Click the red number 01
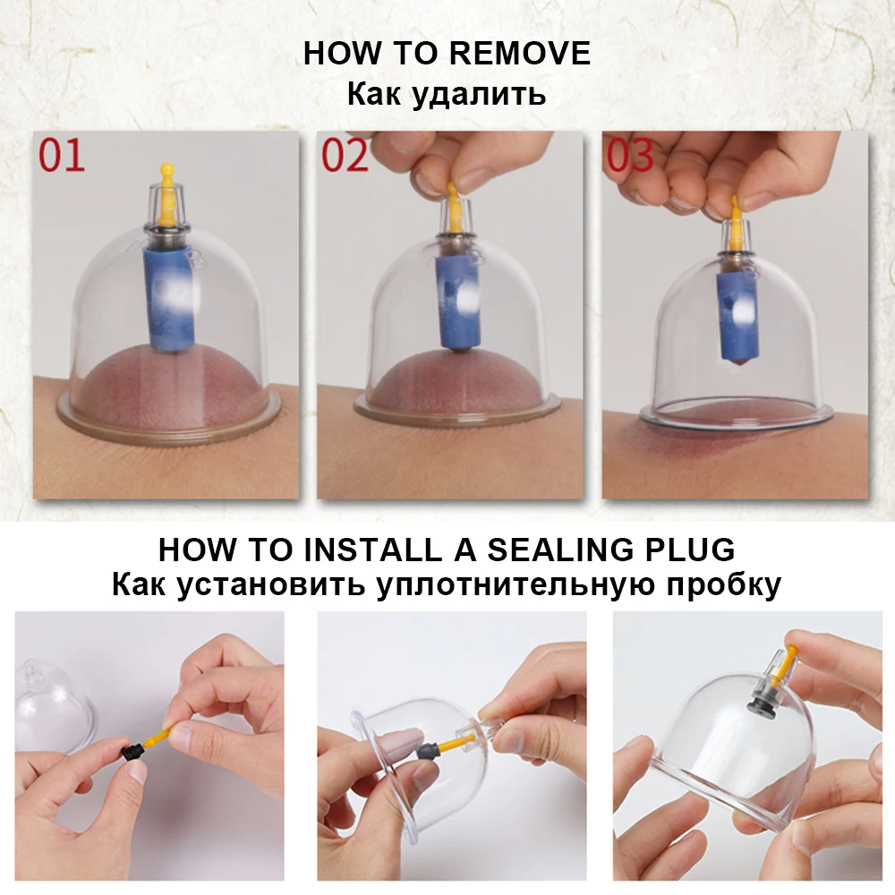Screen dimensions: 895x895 pos(62,155)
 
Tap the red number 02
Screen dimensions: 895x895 pos(345,155)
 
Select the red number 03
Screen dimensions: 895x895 pos(629,155)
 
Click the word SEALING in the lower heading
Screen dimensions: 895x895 pos(560,550)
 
